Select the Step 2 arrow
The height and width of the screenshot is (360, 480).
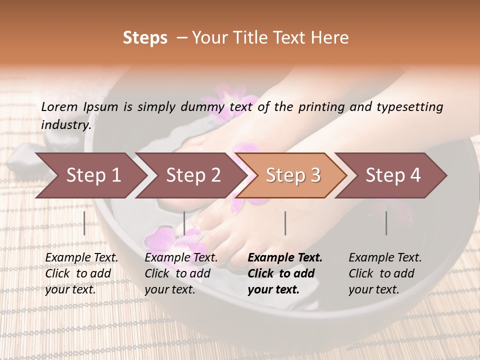(193, 175)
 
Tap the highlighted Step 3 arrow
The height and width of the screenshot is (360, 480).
(293, 175)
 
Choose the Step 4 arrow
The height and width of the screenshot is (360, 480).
(393, 175)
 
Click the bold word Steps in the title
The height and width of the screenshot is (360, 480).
(145, 38)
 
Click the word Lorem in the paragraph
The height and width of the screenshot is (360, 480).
(59, 107)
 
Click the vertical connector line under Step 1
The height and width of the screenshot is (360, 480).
(84, 223)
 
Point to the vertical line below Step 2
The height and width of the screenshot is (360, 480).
(184, 223)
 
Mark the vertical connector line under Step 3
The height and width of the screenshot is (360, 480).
(285, 223)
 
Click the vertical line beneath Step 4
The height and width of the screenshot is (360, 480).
(386, 223)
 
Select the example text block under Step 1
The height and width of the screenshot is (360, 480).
(81, 273)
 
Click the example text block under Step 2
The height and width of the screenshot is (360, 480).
(181, 273)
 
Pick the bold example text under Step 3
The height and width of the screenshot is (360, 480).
(285, 273)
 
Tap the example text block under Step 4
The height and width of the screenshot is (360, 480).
(385, 273)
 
